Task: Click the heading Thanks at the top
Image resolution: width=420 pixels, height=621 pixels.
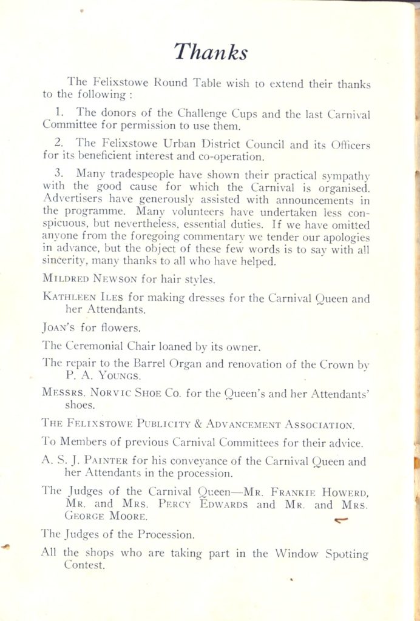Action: pyautogui.click(x=210, y=53)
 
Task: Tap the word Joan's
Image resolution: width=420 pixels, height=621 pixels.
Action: pyautogui.click(x=58, y=329)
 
